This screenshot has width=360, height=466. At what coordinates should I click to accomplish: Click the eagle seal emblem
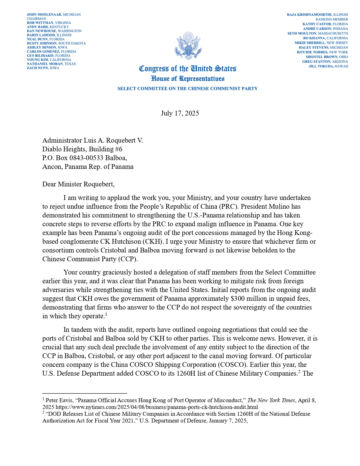(187, 46)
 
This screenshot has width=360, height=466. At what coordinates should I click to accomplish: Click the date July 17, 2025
(180, 113)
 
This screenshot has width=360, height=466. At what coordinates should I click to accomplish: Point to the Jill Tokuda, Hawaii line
(328, 66)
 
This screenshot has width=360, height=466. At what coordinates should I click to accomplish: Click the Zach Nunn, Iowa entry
(43, 68)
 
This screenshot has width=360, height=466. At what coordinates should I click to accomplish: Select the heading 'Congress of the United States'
(187, 69)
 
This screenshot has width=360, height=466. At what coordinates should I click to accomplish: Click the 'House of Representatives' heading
(187, 79)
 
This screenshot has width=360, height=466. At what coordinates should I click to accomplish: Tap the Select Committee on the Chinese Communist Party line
(187, 89)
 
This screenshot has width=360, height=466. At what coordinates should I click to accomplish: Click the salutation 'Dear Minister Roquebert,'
(78, 184)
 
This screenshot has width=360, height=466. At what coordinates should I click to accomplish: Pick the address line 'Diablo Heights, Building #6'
(82, 149)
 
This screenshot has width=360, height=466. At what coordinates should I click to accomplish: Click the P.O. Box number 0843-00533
(86, 158)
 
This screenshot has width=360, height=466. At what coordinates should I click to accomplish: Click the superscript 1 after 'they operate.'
(106, 314)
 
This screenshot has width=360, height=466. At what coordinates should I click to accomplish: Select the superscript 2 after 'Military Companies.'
(299, 371)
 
